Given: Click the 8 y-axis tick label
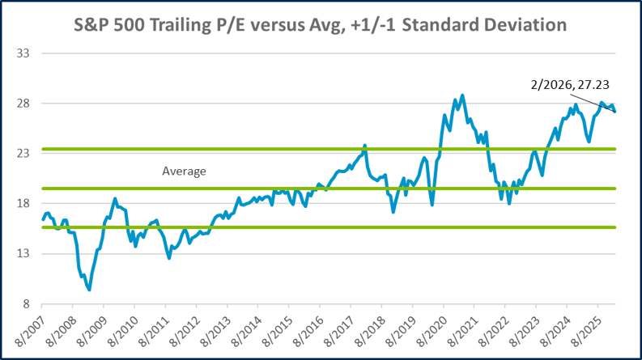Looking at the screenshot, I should coord(25,304).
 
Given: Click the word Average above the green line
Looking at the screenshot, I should coord(185,172).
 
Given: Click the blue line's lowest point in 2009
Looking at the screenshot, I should coord(89,290).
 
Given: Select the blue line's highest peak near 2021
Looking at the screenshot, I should coord(462,95).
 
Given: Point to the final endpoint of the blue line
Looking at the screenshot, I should coord(614,112).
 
